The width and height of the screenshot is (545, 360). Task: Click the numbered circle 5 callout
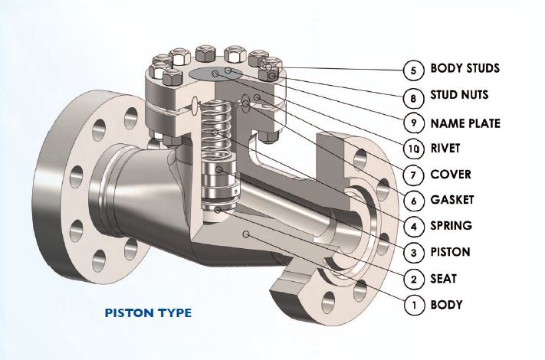[414, 70]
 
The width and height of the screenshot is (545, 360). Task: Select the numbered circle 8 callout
[414, 97]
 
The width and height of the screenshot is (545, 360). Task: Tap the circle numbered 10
[414, 149]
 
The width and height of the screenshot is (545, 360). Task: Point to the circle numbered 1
[414, 306]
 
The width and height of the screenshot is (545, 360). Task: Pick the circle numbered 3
[414, 253]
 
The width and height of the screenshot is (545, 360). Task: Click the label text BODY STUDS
[465, 69]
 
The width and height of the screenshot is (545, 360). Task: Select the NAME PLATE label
[465, 123]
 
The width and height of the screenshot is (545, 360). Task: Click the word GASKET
[451, 200]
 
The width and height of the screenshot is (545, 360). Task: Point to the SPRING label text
[451, 226]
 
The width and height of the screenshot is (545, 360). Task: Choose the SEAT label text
[444, 279]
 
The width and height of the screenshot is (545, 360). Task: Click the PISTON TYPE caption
[147, 313]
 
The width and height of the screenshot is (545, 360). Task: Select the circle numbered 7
[414, 175]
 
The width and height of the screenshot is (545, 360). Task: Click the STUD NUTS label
[459, 96]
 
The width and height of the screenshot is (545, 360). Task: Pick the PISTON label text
[450, 252]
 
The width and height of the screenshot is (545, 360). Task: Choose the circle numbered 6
[414, 201]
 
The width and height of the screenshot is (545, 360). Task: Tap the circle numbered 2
[414, 280]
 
